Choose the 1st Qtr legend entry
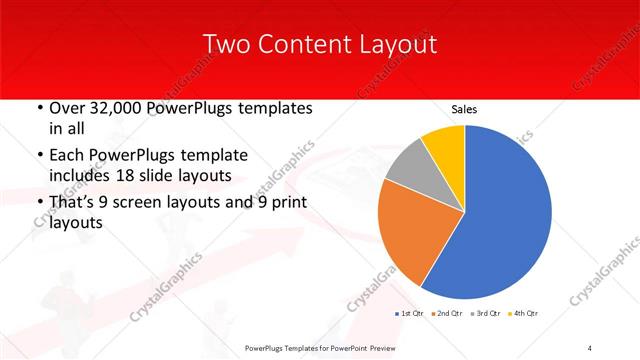(410, 314)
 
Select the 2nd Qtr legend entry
(447, 314)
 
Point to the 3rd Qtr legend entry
(485, 314)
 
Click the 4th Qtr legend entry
(522, 314)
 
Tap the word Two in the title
(225, 45)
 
